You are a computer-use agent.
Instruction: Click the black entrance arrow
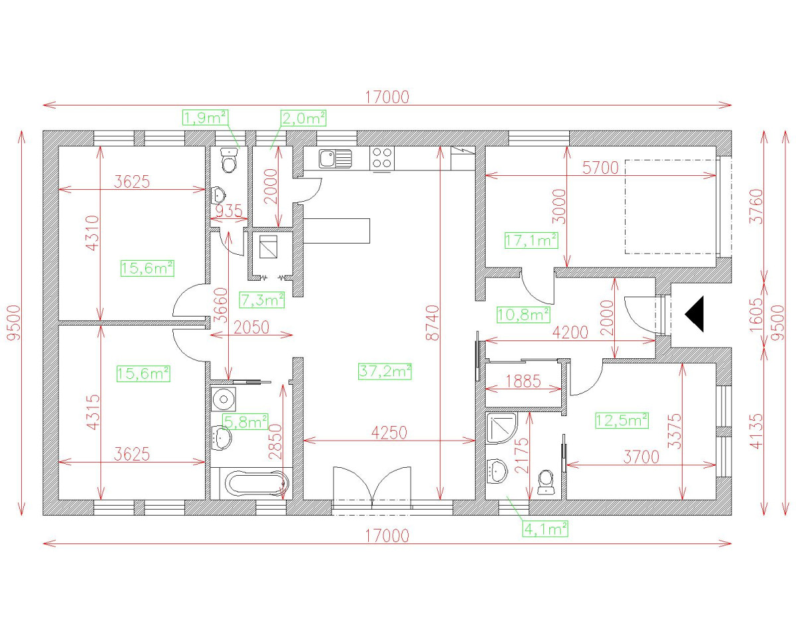[695, 314]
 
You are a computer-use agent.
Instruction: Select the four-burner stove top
[381, 159]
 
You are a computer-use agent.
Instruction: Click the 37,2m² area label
[384, 372]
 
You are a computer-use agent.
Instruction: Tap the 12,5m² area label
[621, 420]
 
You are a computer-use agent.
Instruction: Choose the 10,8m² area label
[523, 313]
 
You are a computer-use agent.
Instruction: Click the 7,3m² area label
[262, 300]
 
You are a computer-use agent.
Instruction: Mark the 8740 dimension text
[432, 323]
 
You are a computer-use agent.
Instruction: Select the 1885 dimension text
[523, 382]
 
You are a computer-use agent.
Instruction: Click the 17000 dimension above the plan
[387, 97]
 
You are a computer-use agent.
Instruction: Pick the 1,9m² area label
[205, 118]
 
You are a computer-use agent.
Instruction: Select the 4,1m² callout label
[546, 529]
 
